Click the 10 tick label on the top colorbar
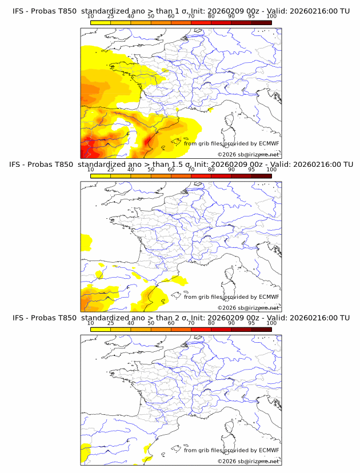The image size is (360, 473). (90, 17)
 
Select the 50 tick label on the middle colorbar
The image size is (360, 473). (151, 170)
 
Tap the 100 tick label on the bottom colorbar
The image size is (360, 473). (271, 323)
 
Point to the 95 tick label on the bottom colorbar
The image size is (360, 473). (251, 323)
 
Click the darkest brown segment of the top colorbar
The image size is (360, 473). (261, 23)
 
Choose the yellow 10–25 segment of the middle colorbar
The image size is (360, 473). (101, 177)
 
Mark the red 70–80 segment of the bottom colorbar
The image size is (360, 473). (201, 330)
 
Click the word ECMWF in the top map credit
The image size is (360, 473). (269, 143)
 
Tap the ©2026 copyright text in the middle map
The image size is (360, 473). (227, 307)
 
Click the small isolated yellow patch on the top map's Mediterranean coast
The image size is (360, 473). (210, 109)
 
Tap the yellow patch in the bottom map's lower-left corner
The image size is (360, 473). (86, 451)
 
